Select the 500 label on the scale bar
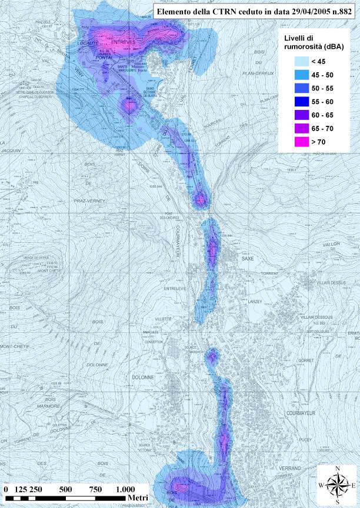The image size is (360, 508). (65, 489)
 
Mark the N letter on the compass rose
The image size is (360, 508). (337, 469)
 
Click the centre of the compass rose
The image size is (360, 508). (337, 486)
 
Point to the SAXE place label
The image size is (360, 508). (248, 258)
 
